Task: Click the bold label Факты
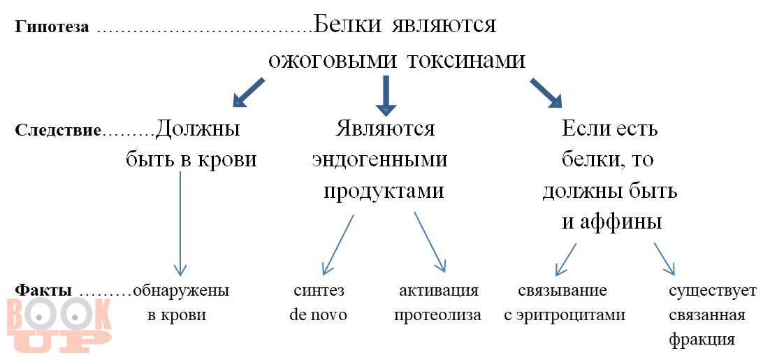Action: pyautogui.click(x=43, y=290)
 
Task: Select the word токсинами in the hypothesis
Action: pyautogui.click(x=475, y=59)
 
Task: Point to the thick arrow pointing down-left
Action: pyautogui.click(x=248, y=92)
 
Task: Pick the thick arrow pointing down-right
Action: pyautogui.click(x=546, y=93)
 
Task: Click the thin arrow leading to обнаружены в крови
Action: pyautogui.click(x=180, y=224)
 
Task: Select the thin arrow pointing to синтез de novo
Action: pyautogui.click(x=338, y=245)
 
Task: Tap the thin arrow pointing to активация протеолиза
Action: pyautogui.click(x=430, y=242)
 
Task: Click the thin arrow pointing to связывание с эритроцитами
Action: pyautogui.click(x=565, y=259)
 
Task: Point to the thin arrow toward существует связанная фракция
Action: pyautogui.click(x=664, y=259)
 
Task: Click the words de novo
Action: pyautogui.click(x=318, y=315)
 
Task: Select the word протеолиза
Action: pyautogui.click(x=437, y=315)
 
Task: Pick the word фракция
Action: pyautogui.click(x=702, y=340)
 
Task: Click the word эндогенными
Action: pyautogui.click(x=379, y=160)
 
